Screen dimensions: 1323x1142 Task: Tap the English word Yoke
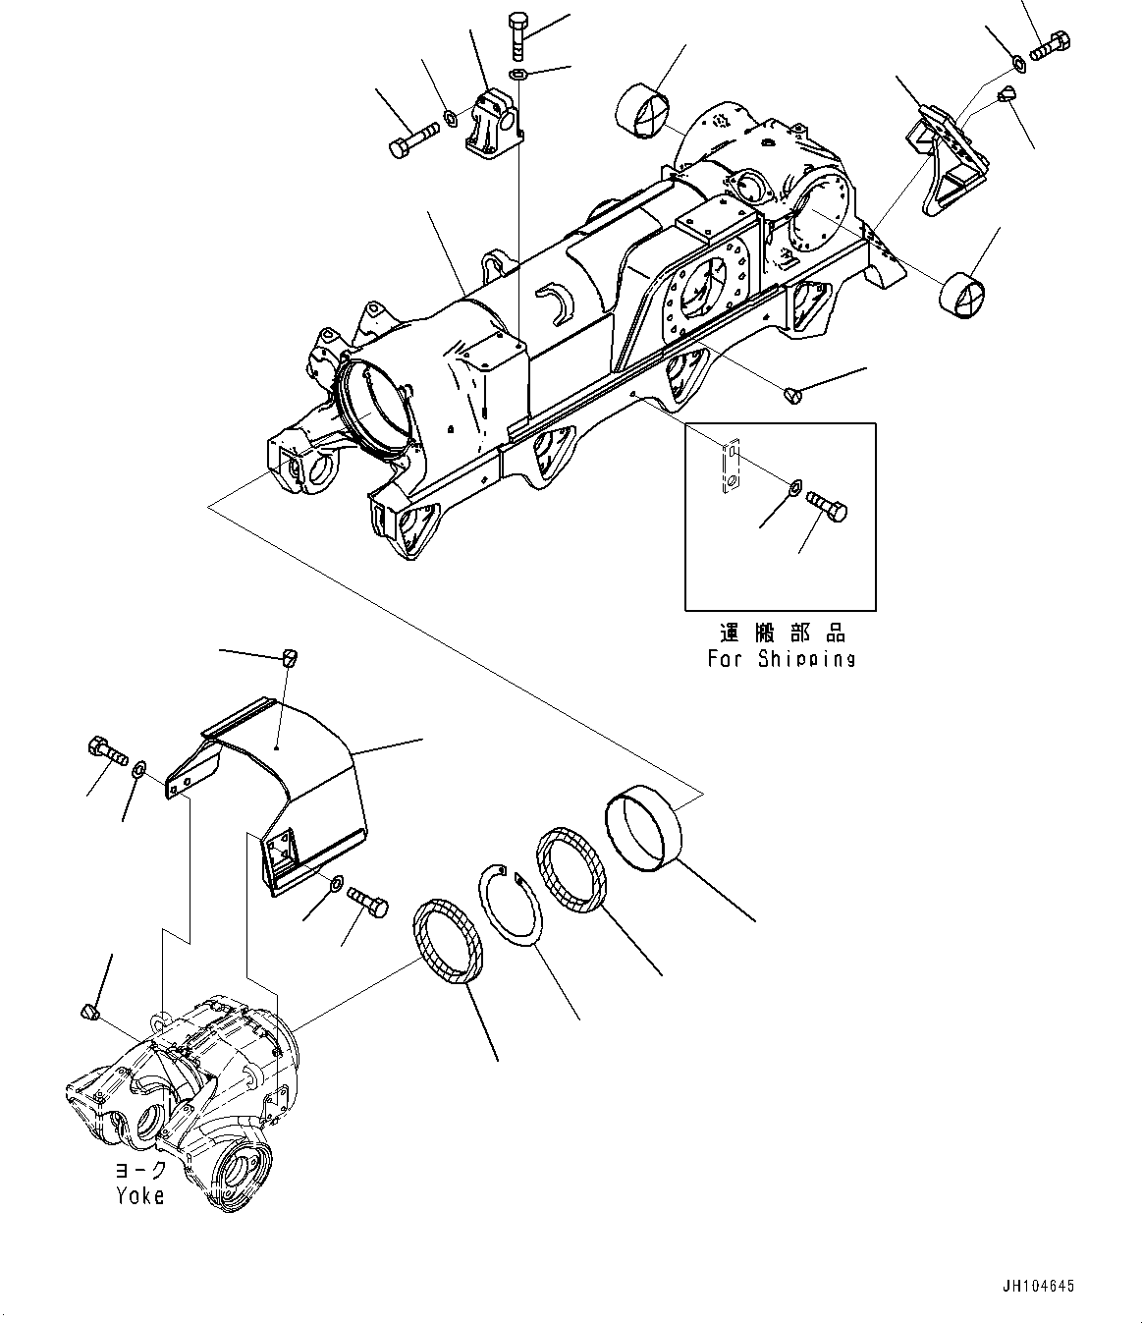139,1195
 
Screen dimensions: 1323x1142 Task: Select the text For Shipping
781,659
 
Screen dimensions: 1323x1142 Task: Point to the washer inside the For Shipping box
793,486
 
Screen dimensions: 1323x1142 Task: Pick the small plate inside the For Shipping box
729,466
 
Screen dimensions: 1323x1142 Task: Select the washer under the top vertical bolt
518,76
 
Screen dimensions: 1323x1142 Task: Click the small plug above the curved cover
290,658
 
